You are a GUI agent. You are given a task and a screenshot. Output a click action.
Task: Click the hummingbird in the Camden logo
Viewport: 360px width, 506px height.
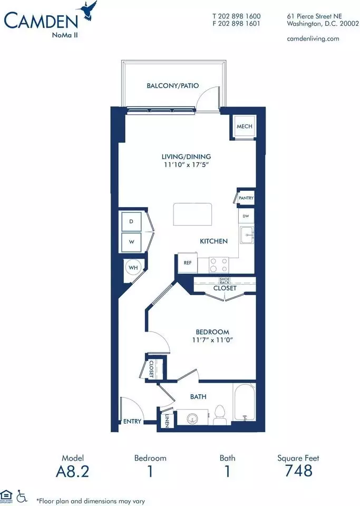(x=89, y=11)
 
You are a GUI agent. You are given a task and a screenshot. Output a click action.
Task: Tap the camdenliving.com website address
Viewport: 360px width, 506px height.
(x=313, y=38)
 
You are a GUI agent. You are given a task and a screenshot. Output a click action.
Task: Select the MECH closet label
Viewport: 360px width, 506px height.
(x=245, y=126)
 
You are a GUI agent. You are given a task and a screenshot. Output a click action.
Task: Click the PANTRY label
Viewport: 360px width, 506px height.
(x=246, y=198)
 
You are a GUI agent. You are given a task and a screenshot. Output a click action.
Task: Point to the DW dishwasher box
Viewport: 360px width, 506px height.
(x=246, y=216)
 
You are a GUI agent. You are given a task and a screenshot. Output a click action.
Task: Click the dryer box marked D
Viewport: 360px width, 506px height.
(x=131, y=221)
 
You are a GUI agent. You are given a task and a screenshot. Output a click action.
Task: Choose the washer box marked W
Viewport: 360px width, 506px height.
(x=131, y=242)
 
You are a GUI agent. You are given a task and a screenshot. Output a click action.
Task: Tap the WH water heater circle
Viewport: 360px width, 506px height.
(x=133, y=268)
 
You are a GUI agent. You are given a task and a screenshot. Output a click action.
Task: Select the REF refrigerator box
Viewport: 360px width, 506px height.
(x=188, y=262)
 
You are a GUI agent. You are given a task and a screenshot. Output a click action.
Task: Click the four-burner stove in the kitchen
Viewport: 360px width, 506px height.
(x=219, y=265)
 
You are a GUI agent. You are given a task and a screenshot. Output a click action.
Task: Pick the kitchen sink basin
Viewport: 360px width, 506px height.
(x=247, y=235)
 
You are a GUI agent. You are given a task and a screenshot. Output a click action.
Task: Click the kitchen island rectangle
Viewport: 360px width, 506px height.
(x=192, y=214)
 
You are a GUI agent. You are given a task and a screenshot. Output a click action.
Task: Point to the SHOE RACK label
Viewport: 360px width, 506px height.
(x=225, y=281)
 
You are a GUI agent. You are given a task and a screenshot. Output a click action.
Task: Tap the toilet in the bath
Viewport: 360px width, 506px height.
(x=221, y=415)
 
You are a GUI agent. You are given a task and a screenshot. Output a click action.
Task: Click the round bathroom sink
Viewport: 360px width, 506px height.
(x=192, y=419)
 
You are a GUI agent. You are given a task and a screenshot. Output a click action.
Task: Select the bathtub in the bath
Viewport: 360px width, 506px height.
(x=244, y=402)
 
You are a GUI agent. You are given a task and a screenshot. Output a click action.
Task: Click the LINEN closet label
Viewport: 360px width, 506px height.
(x=167, y=421)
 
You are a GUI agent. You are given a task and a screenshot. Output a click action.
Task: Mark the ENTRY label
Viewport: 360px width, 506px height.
(x=132, y=422)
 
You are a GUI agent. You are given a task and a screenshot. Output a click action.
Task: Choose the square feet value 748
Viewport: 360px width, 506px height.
(x=298, y=471)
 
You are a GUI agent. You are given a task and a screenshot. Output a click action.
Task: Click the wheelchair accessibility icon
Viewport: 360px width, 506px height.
(x=22, y=496)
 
